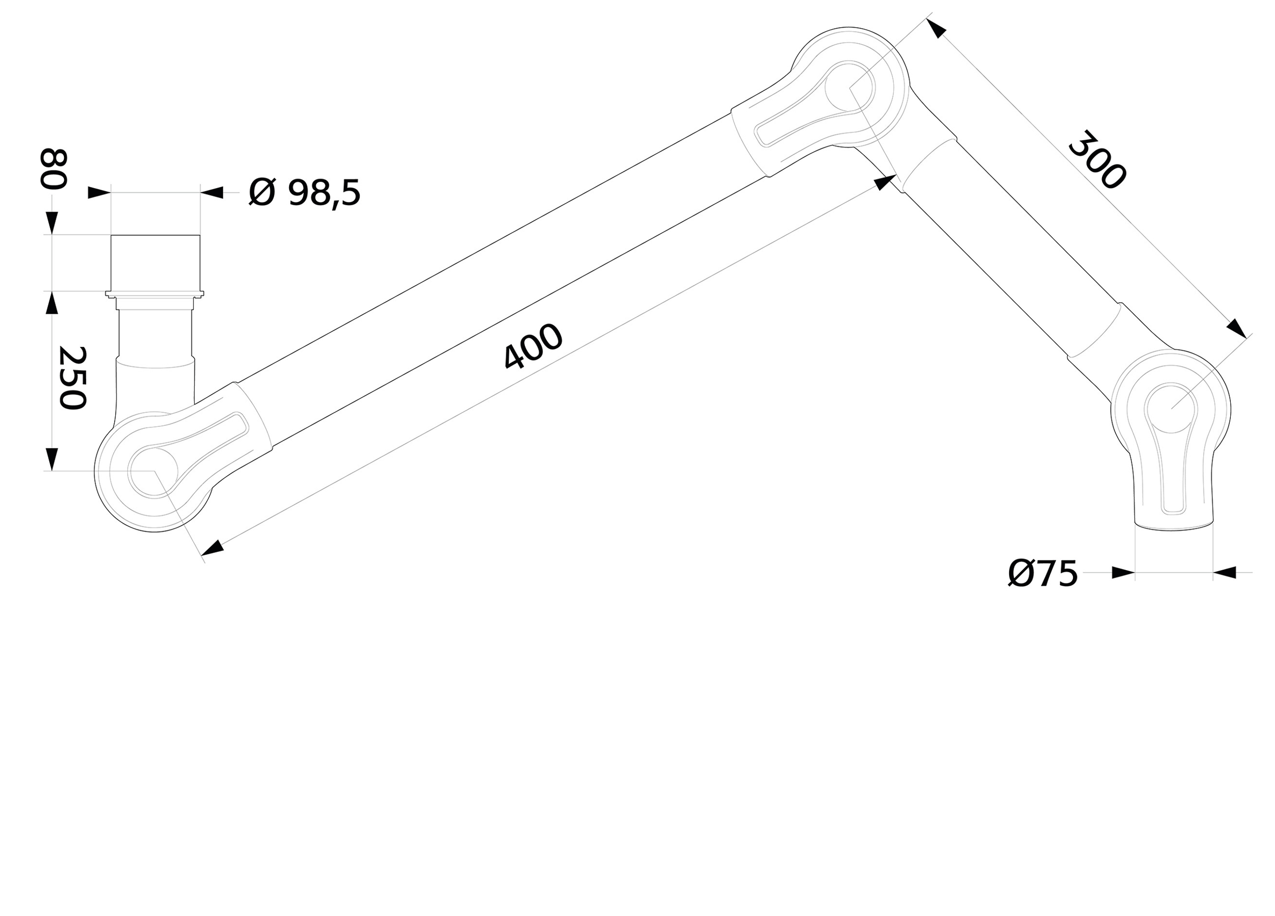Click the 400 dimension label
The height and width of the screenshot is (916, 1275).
[x=532, y=346]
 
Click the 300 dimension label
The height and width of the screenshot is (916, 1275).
[x=1098, y=160]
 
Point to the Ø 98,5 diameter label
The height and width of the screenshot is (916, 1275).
[x=304, y=193]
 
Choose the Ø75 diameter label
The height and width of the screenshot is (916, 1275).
[x=1043, y=574]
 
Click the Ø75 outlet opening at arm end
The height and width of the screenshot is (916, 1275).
[x=1174, y=526]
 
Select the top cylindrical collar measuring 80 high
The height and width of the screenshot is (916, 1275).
[x=155, y=262]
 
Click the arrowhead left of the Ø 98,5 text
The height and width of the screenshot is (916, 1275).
[x=211, y=193]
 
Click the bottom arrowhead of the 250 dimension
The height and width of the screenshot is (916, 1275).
[x=52, y=459]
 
